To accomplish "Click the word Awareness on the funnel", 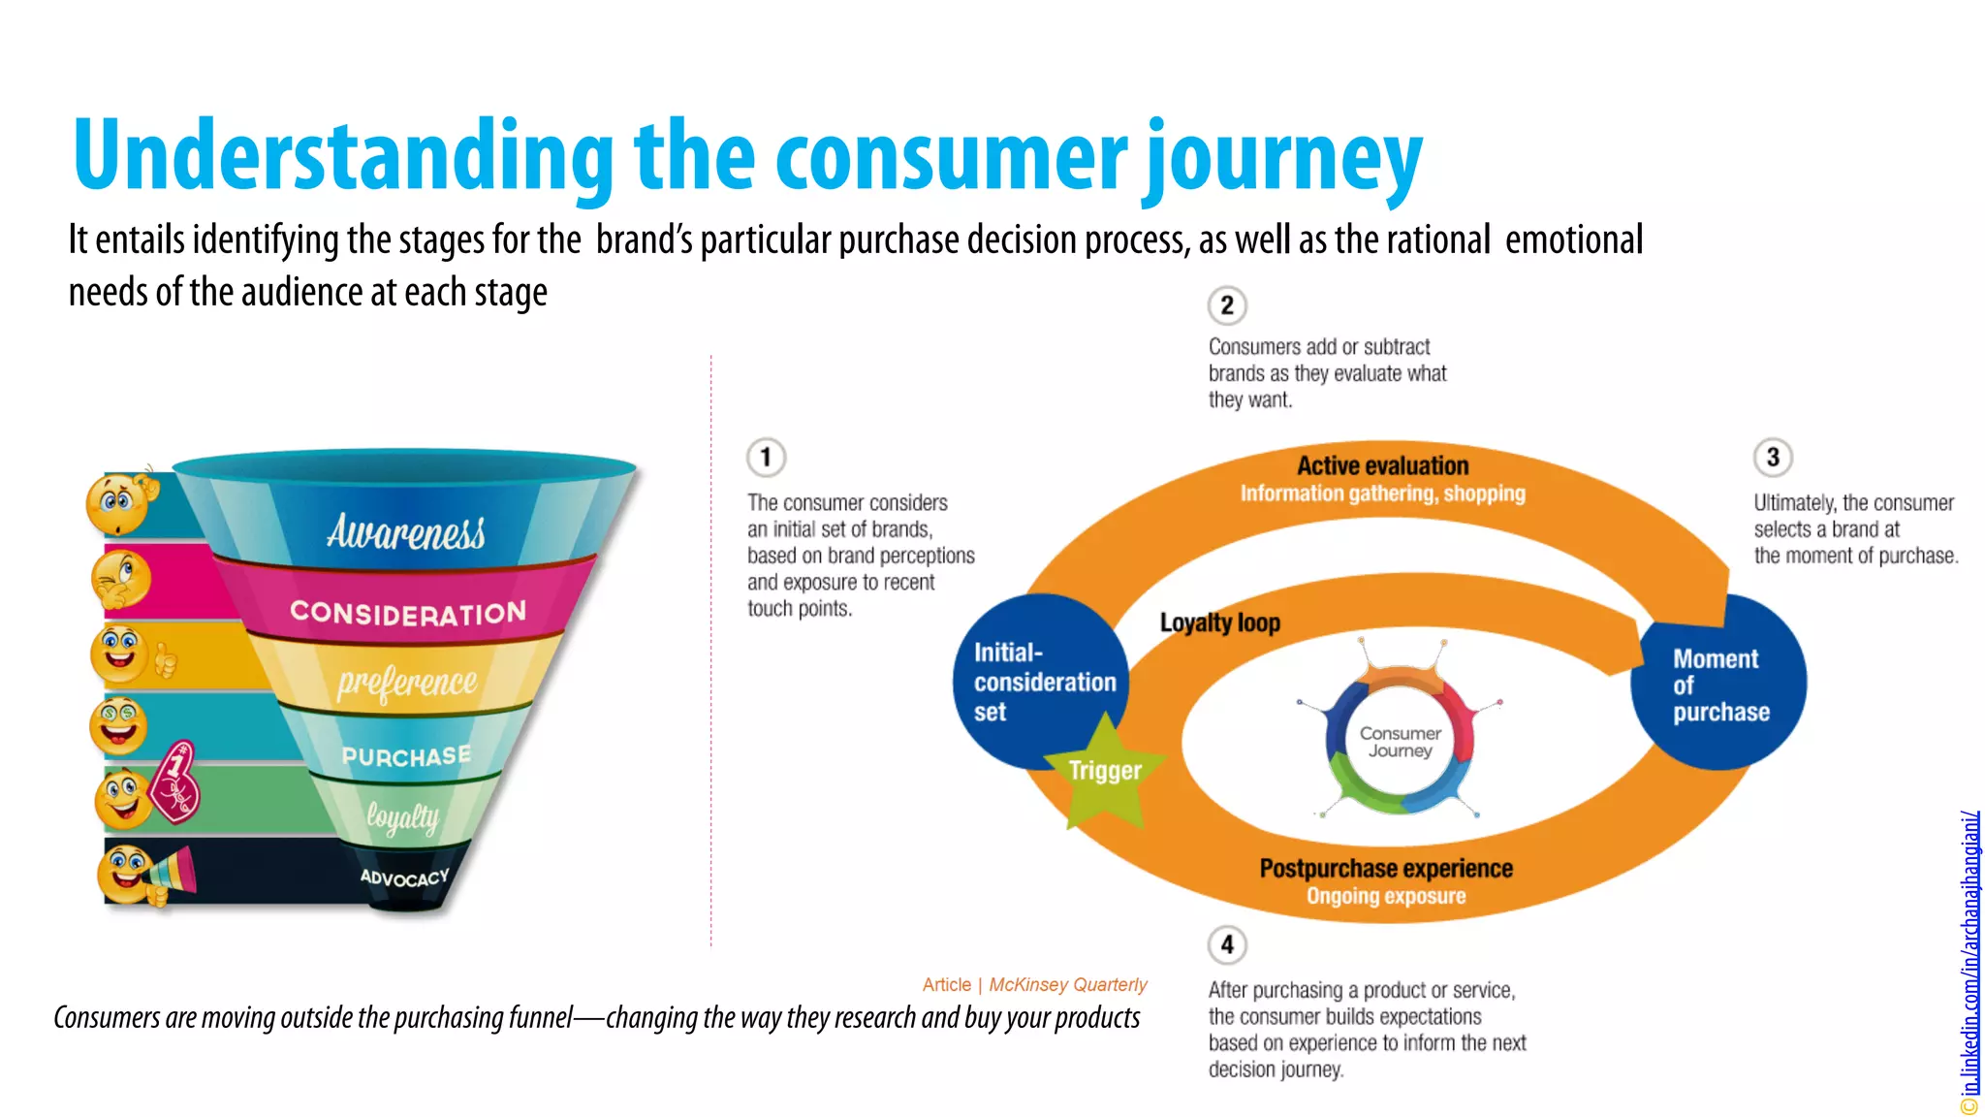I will [406, 532].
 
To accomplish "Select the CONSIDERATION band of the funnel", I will [408, 612].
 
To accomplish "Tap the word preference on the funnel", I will [407, 682].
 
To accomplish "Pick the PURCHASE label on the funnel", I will [406, 756].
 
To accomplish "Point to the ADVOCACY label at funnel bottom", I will [405, 878].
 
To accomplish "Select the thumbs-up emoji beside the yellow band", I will [131, 654].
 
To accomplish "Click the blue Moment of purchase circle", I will [1719, 684].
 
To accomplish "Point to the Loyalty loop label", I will [1220, 622].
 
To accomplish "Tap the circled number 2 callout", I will [1227, 305].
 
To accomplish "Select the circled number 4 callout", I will [1227, 944].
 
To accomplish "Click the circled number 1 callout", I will [766, 457].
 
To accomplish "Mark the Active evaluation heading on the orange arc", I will [1382, 466].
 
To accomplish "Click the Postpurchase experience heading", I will [1386, 869].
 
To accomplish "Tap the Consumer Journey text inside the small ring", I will [1400, 742].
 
